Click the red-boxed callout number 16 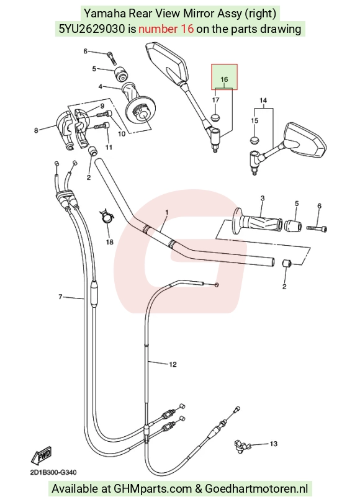pos(224,79)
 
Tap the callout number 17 pos(215,100)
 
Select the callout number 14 pos(263,101)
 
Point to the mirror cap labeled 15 pos(254,140)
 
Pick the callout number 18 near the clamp pos(109,242)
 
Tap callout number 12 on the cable pos(173,364)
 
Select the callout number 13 pos(273,444)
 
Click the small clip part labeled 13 pos(242,446)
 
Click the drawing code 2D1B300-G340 pos(53,472)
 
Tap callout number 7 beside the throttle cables pos(60,297)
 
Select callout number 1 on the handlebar pos(167,212)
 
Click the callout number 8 pos(36,130)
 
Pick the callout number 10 pos(122,134)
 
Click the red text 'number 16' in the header pos(166,29)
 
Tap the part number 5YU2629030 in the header pos(92,29)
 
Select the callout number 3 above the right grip pos(263,199)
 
